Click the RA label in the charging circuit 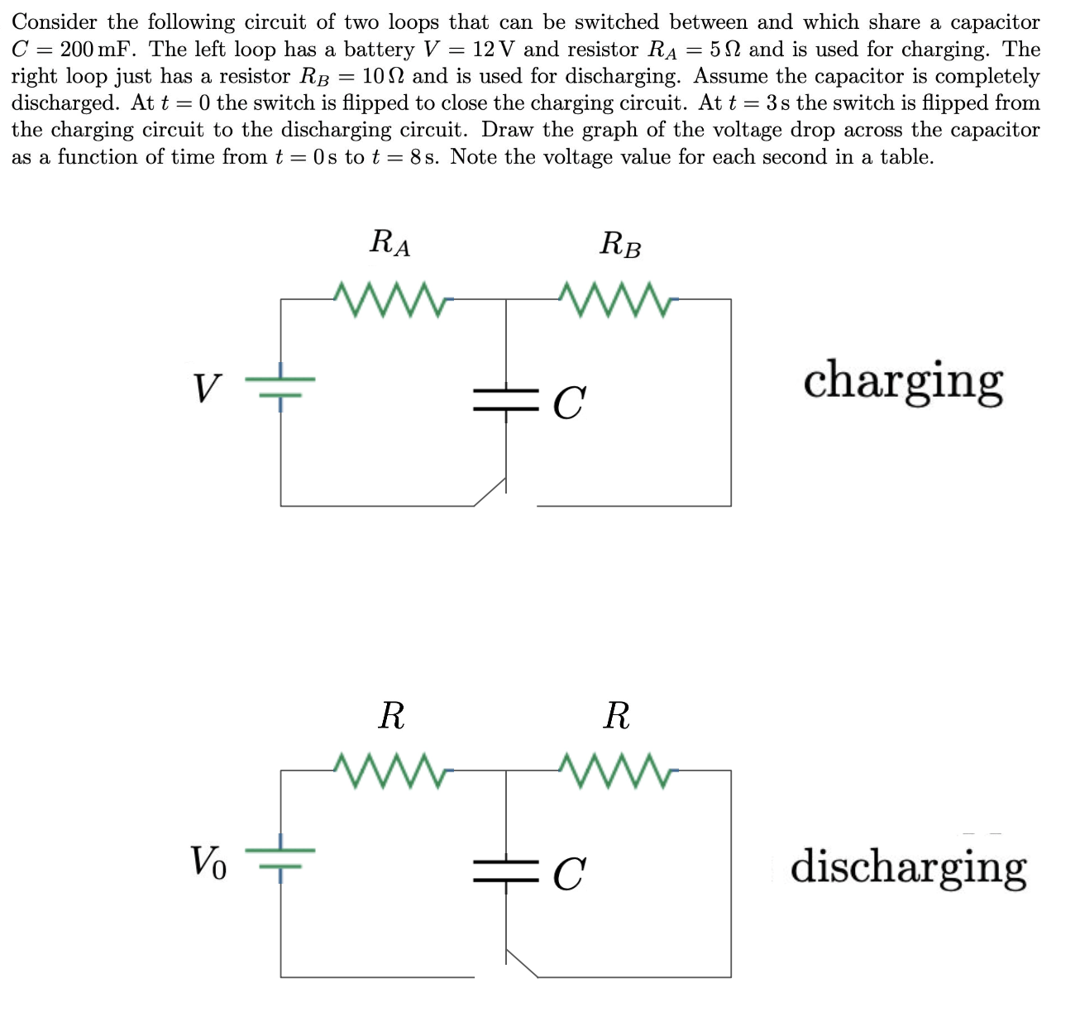click(x=390, y=243)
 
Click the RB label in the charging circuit click(x=620, y=245)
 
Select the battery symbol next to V click(x=281, y=386)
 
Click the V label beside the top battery click(x=208, y=388)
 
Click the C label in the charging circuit click(x=569, y=403)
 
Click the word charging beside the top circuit click(x=903, y=382)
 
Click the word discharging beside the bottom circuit click(x=908, y=867)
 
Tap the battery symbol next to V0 click(x=281, y=856)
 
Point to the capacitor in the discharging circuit click(x=506, y=871)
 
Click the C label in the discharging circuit click(x=569, y=874)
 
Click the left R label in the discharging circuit click(x=391, y=715)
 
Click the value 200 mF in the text click(x=96, y=50)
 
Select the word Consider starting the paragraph click(x=54, y=22)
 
